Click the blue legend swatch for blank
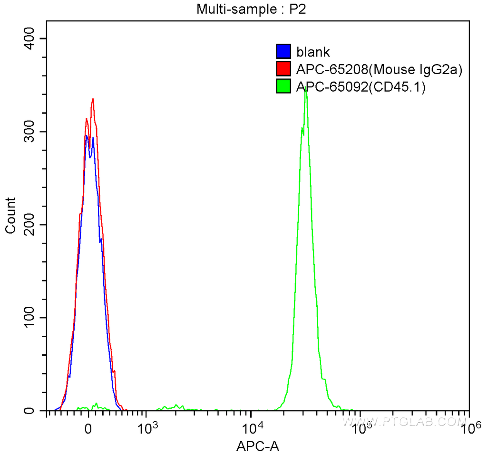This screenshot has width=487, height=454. coord(283,52)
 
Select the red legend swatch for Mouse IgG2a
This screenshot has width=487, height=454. coord(283,69)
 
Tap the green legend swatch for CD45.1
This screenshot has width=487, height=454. coord(283,86)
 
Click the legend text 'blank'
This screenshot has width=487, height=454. coord(313,52)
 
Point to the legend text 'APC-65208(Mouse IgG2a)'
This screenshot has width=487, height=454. coord(379,69)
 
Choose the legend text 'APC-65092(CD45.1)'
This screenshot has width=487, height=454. coord(360,86)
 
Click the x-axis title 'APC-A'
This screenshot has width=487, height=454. coord(257,446)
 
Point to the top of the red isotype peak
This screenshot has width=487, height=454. coord(93,99)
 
